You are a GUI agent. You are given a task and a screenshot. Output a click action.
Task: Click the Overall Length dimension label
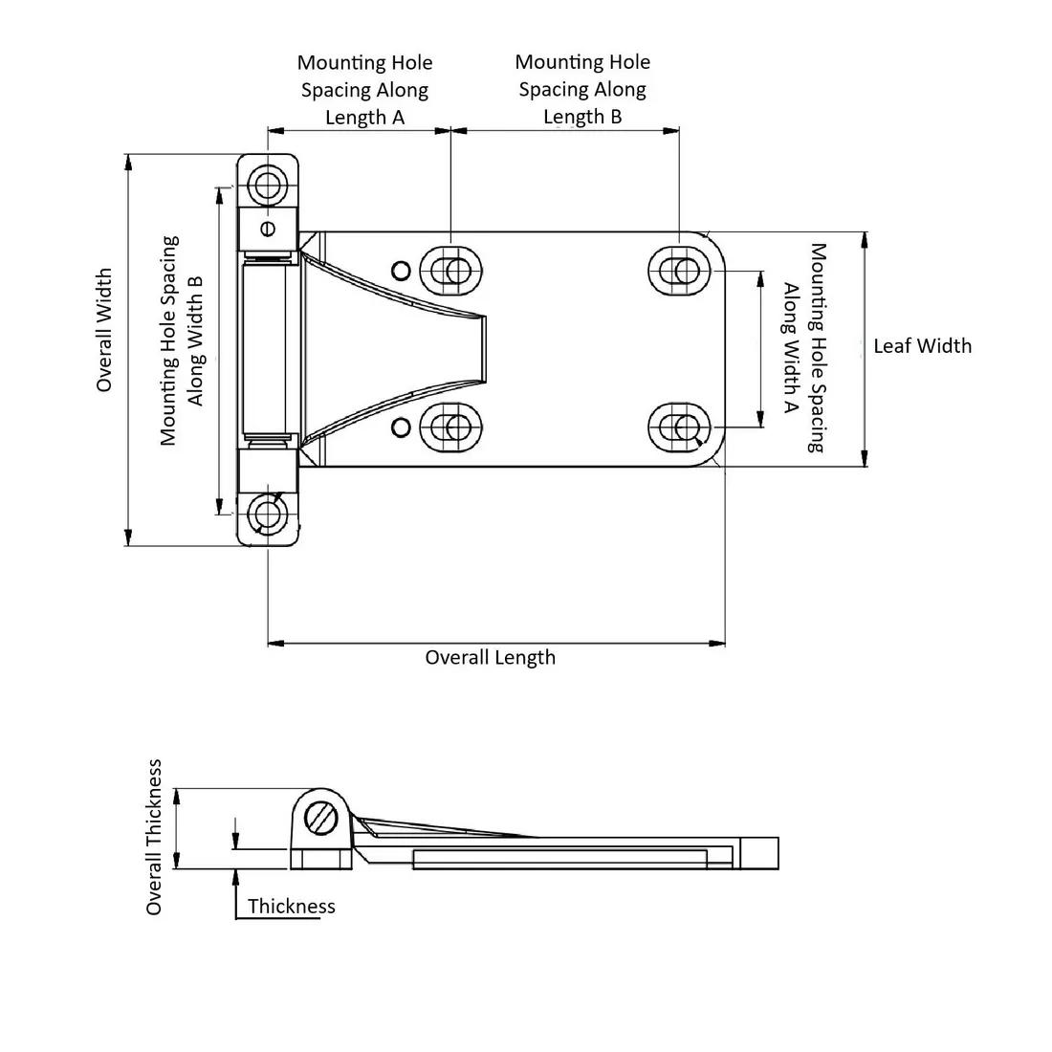490,657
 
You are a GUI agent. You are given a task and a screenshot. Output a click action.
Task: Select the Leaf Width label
922,346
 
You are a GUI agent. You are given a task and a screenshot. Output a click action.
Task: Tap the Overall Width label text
104,330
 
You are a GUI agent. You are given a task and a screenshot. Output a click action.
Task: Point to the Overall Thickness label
154,837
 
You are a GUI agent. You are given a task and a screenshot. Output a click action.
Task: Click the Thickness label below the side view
291,906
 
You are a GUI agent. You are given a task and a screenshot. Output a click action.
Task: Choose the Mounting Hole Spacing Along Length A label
364,90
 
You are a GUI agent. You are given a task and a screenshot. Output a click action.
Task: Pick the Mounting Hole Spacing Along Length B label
582,89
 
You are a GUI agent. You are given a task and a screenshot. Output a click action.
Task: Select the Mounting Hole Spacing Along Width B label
182,340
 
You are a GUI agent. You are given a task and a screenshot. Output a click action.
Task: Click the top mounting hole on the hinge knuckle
268,184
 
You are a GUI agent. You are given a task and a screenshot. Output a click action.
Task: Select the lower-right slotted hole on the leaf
682,427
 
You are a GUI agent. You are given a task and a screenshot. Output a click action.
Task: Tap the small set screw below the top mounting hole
268,228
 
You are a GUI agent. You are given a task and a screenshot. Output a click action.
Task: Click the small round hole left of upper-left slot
402,269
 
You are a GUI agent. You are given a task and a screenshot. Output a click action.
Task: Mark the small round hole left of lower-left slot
402,427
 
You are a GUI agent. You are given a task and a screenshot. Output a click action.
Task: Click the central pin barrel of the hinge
264,349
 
